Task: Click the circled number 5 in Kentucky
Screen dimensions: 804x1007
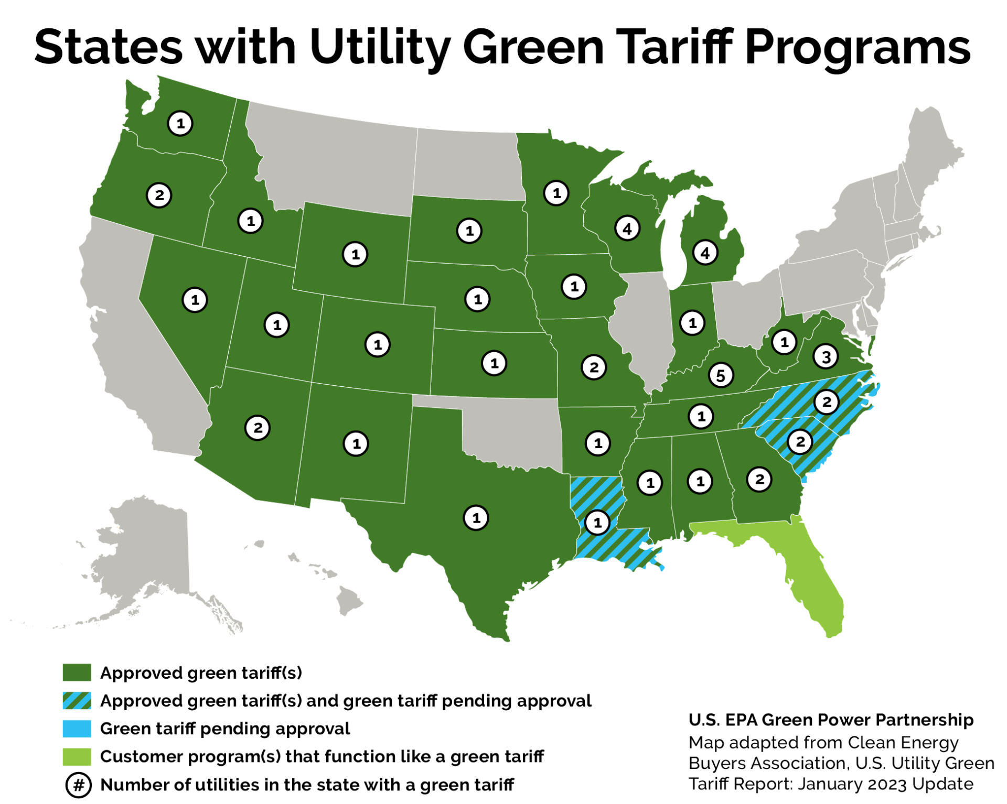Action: [720, 375]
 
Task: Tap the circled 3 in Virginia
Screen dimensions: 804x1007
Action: [826, 357]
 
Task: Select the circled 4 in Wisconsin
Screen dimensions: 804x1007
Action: [627, 228]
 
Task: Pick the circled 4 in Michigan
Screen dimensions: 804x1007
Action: [704, 253]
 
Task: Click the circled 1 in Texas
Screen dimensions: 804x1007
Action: [476, 518]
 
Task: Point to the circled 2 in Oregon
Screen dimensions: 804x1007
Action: [159, 195]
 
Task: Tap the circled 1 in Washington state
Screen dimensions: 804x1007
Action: [180, 124]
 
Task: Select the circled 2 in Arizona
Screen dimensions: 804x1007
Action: [257, 428]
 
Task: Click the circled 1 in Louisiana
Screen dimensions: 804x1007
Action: [597, 522]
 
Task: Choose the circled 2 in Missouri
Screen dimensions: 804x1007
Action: [593, 367]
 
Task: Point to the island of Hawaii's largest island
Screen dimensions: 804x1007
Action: [349, 601]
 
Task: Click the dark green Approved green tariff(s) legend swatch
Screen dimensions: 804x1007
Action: [77, 672]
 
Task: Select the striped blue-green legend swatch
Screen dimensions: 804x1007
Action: [77, 701]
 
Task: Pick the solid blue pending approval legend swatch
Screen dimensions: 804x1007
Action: [77, 729]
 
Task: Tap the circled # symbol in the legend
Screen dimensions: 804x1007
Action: [78, 785]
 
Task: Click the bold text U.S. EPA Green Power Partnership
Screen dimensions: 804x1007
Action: [830, 720]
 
